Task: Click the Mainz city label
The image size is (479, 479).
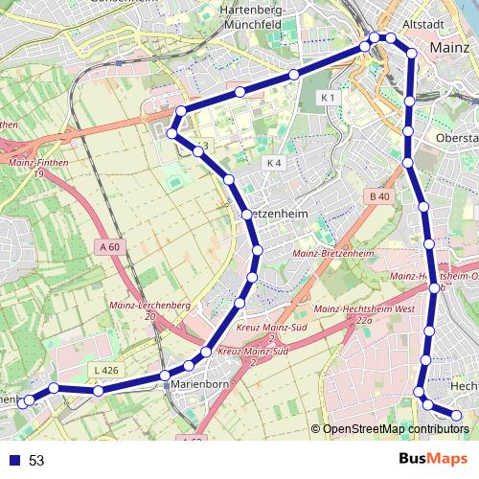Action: [449, 47]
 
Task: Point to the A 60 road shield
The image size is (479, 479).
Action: [110, 247]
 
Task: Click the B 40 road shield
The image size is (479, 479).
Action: [378, 196]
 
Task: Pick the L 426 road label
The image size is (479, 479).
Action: [106, 370]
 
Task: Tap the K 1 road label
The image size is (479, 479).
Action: [329, 98]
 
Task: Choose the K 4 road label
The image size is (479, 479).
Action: [274, 163]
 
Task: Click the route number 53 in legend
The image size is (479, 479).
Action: [36, 461]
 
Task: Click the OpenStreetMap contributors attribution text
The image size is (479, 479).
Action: [396, 428]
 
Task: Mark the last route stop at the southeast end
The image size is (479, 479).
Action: [456, 415]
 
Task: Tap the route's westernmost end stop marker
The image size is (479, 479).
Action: [29, 400]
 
